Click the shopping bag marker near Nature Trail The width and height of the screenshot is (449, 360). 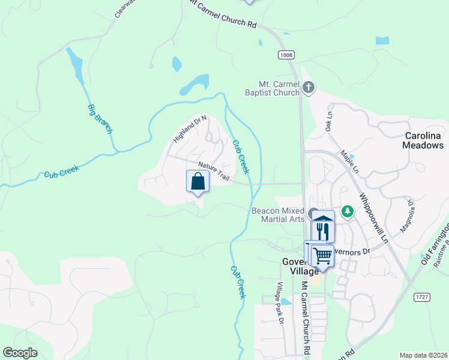point(198,181)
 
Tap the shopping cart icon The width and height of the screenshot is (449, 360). point(323,256)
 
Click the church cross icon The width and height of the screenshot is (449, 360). point(309,88)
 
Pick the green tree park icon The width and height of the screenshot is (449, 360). point(347,211)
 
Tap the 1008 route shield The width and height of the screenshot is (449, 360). point(286,55)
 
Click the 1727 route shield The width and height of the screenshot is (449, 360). point(423,297)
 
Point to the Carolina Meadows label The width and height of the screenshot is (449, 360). point(424,140)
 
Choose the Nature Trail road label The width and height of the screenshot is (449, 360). point(214,170)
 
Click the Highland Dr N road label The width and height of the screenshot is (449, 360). point(190,128)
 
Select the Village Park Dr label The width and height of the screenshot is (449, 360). point(280,302)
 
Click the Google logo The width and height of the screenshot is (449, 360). point(20,353)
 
